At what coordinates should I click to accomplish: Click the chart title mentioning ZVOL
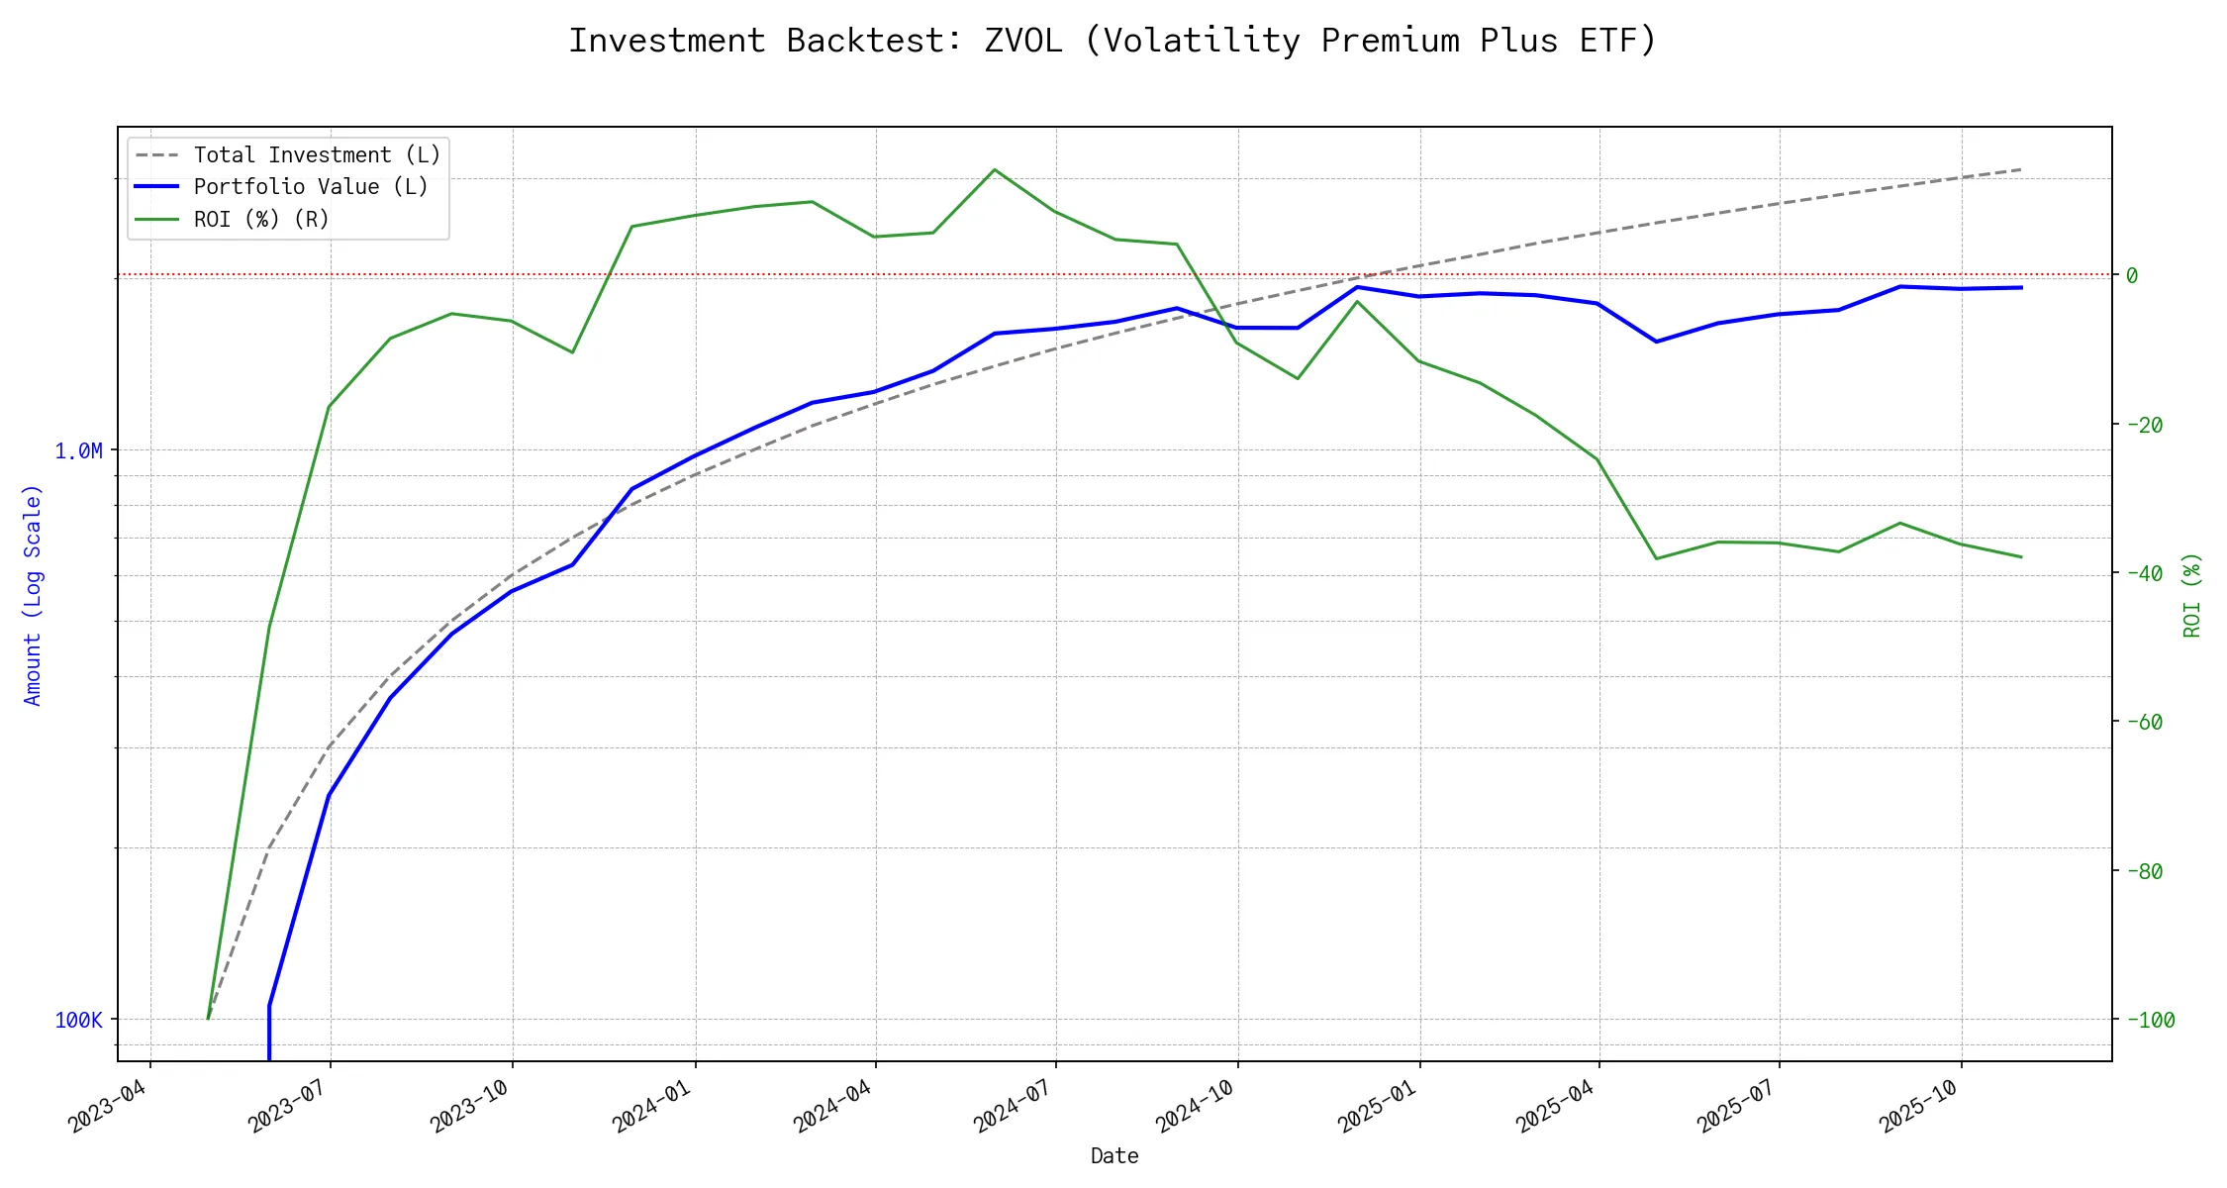click(x=1113, y=41)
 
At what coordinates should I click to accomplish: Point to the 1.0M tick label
click(x=78, y=451)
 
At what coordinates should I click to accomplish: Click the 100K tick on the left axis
click(x=78, y=1020)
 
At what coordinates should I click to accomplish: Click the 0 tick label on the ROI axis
click(x=2132, y=275)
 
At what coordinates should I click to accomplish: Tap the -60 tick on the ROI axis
click(x=2144, y=722)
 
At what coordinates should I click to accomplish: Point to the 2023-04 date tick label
click(x=108, y=1106)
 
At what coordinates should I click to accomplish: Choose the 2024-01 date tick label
click(x=652, y=1106)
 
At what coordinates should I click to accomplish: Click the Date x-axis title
click(x=1114, y=1155)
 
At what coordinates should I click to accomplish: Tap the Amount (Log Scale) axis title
click(x=33, y=594)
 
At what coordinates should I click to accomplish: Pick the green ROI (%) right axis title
click(x=2192, y=594)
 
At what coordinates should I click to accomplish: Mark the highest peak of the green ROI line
click(x=995, y=169)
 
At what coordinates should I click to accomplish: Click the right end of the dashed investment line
click(x=2021, y=169)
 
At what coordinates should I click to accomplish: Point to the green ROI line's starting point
click(x=208, y=1018)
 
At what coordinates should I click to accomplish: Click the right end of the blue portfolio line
click(x=2021, y=287)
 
